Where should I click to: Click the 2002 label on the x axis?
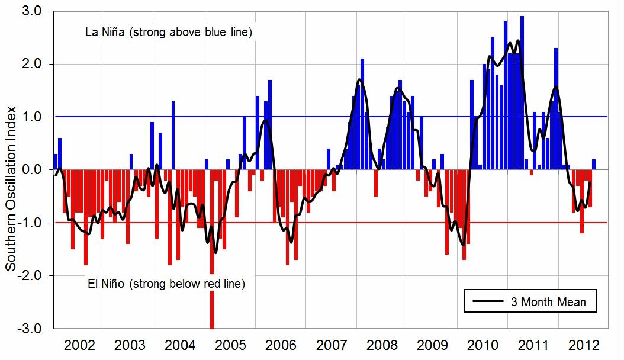[x=79, y=345]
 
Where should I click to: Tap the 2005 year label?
[x=230, y=345]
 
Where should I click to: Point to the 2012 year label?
[x=583, y=345]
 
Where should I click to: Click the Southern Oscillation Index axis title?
[x=11, y=170]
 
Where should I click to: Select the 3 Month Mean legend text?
[x=548, y=302]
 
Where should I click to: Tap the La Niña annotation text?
[x=169, y=33]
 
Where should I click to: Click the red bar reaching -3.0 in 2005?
[x=211, y=249]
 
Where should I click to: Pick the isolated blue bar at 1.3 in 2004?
[x=173, y=136]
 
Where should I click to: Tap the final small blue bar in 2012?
[x=594, y=165]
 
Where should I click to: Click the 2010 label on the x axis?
[x=483, y=345]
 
